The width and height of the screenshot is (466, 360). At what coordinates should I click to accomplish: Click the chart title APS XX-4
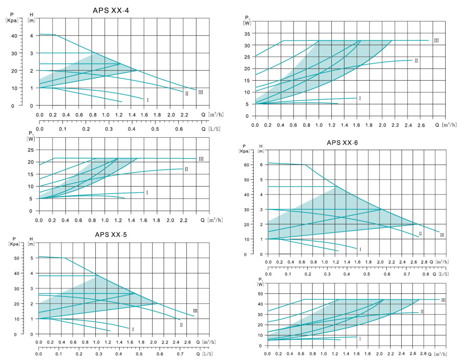click(111, 11)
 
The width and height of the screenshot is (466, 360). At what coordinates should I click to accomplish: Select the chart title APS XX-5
click(111, 234)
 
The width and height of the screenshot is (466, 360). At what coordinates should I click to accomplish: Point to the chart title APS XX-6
click(342, 142)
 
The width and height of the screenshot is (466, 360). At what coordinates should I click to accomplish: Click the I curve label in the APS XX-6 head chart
click(360, 249)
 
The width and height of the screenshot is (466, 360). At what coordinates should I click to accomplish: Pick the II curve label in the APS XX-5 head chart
click(181, 325)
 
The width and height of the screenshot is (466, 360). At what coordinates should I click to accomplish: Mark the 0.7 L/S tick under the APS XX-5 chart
click(180, 353)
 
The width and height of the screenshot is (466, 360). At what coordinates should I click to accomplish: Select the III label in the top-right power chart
click(436, 41)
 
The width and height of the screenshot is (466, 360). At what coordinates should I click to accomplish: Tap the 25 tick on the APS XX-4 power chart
click(31, 150)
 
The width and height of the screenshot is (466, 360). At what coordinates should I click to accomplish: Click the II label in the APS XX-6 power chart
click(422, 312)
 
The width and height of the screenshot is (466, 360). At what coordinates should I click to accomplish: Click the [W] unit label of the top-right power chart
click(247, 22)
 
